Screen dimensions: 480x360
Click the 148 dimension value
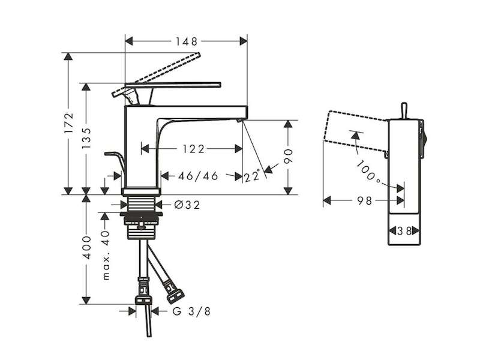pos(187,41)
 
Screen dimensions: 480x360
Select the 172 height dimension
pos(69,122)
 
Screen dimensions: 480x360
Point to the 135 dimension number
pos(86,138)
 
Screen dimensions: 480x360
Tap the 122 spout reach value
pos(193,149)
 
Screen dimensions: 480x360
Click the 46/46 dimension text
pos(198,176)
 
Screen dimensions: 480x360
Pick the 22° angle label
pos(252,176)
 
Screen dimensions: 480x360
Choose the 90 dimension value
pos(288,156)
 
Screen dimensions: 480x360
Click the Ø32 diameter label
pos(187,205)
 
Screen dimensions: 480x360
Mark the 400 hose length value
pos(87,247)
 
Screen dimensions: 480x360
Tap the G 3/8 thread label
pos(191,311)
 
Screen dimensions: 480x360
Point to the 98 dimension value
pos(365,201)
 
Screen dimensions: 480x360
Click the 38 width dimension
pos(404,231)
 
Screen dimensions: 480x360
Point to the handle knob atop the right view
pos(404,111)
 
